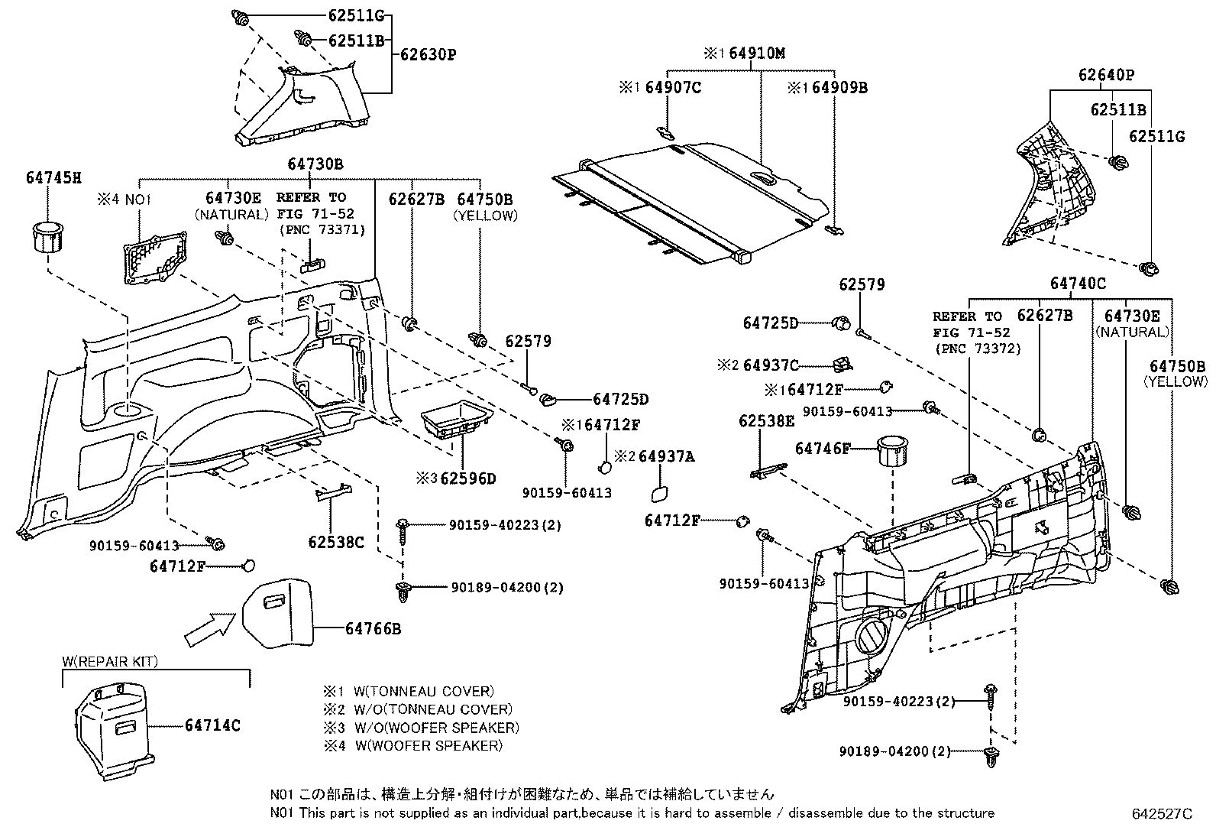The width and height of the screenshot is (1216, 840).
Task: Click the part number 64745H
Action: pyautogui.click(x=53, y=177)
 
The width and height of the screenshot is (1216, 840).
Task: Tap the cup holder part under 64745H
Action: pyautogui.click(x=47, y=237)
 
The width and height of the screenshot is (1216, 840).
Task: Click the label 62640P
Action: pyautogui.click(x=1105, y=75)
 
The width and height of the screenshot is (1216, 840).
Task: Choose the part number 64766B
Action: pyautogui.click(x=373, y=628)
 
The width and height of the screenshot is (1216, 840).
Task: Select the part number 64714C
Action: pyautogui.click(x=212, y=725)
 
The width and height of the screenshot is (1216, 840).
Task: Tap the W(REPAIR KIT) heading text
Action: pyautogui.click(x=110, y=662)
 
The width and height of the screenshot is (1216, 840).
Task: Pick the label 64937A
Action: pyautogui.click(x=666, y=456)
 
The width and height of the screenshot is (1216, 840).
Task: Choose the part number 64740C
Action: pyautogui.click(x=1078, y=283)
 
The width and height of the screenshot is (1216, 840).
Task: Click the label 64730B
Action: pyautogui.click(x=315, y=164)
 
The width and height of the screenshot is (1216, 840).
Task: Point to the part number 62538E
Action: pyautogui.click(x=766, y=420)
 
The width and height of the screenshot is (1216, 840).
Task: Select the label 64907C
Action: pyautogui.click(x=672, y=87)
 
